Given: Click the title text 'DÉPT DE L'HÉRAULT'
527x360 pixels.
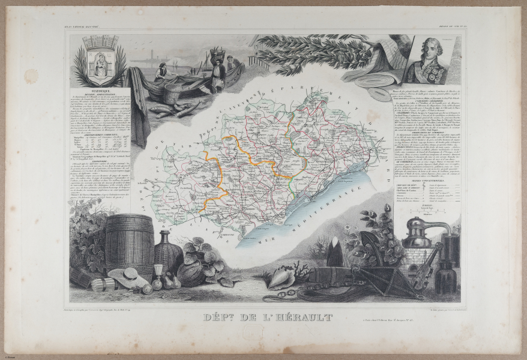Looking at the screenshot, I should pos(265,317).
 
